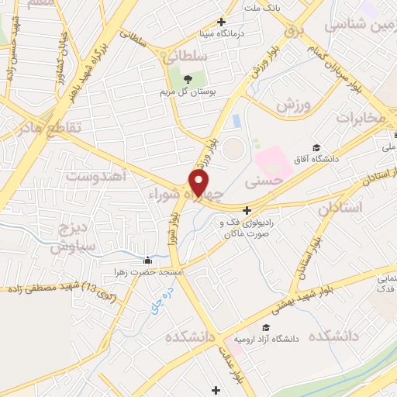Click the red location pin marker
pyautogui.click(x=199, y=183)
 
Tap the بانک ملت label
pyautogui.click(x=261, y=7)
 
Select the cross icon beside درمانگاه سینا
pyautogui.click(x=222, y=22)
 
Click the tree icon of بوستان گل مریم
pyautogui.click(x=186, y=78)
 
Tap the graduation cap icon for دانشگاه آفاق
pyautogui.click(x=316, y=147)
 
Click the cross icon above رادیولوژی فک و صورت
pyautogui.click(x=247, y=209)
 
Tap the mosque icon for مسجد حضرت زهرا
pyautogui.click(x=150, y=260)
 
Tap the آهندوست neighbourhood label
pyautogui.click(x=95, y=176)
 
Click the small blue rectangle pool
pyautogui.click(x=235, y=122)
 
